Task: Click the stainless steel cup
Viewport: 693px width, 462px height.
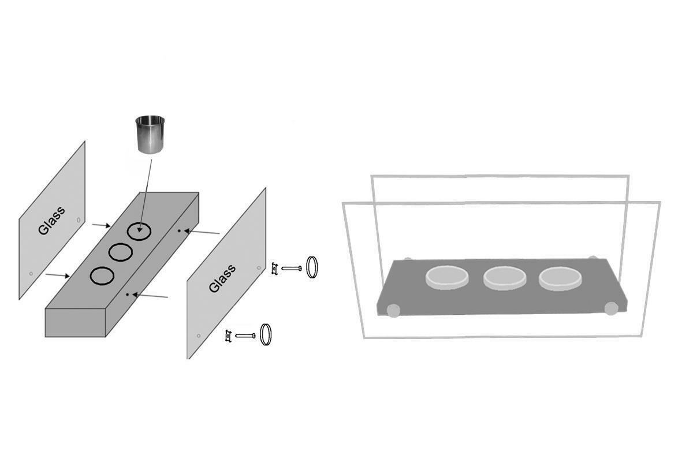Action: pyautogui.click(x=150, y=135)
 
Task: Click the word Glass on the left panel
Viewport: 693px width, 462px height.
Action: pyautogui.click(x=51, y=221)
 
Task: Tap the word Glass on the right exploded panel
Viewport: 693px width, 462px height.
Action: pyautogui.click(x=222, y=278)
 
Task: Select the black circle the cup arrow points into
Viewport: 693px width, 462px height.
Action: pyautogui.click(x=140, y=231)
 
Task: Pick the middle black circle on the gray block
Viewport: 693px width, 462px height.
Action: pyautogui.click(x=121, y=252)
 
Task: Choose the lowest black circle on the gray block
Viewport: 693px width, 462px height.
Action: pyautogui.click(x=102, y=275)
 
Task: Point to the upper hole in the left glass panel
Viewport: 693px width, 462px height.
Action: pyautogui.click(x=79, y=220)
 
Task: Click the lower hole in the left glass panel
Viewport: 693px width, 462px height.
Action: pyautogui.click(x=31, y=274)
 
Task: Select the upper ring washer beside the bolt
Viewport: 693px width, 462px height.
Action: pyautogui.click(x=312, y=267)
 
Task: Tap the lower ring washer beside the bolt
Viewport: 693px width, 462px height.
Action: pyautogui.click(x=266, y=334)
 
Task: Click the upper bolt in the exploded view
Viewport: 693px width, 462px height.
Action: pyautogui.click(x=292, y=269)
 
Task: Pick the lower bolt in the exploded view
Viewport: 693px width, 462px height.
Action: pyautogui.click(x=245, y=336)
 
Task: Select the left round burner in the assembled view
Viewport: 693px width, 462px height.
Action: pyautogui.click(x=447, y=277)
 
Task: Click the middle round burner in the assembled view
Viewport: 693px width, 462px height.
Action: pyautogui.click(x=504, y=278)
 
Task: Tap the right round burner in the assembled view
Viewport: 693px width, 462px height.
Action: pyautogui.click(x=560, y=278)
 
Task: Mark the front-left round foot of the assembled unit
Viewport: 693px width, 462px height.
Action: pyautogui.click(x=393, y=310)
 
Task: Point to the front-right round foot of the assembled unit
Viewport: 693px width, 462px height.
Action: pyautogui.click(x=612, y=308)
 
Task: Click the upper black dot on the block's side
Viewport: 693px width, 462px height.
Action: pyautogui.click(x=179, y=230)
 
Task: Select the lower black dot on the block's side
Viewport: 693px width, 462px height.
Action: pyautogui.click(x=128, y=295)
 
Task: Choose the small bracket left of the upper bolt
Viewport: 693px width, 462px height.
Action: pyautogui.click(x=274, y=269)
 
